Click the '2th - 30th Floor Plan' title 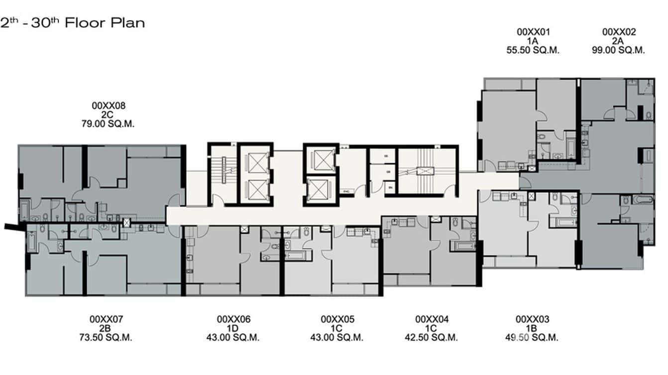(73, 23)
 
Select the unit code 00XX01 (533, 32)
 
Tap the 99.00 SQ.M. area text (618, 50)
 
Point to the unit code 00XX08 (108, 105)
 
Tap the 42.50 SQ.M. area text (432, 337)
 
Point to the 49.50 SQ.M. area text (532, 337)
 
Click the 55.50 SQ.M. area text (533, 50)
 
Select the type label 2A (618, 41)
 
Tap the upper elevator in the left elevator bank (255, 162)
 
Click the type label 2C (108, 114)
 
